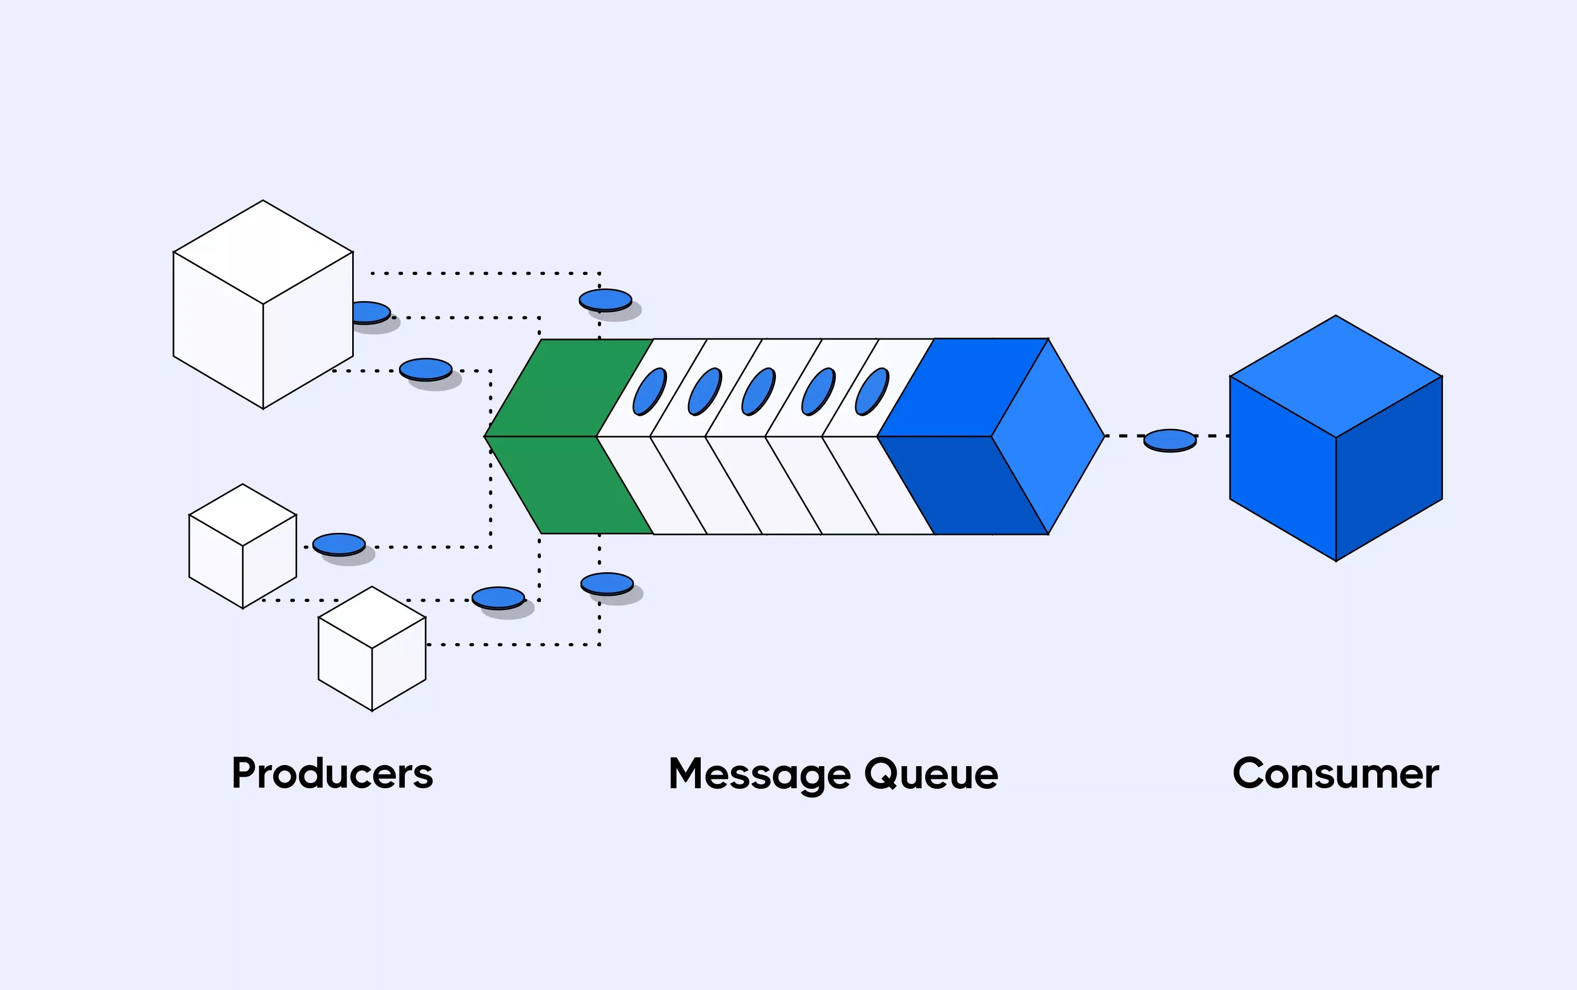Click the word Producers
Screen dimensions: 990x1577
[x=332, y=774]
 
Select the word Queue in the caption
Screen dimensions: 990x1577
[x=930, y=775]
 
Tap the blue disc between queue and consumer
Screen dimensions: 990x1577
[x=1170, y=440]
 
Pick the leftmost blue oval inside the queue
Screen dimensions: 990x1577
[x=649, y=391]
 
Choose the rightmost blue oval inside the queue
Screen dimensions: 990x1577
[x=872, y=391]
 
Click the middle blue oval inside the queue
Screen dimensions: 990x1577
[x=759, y=391]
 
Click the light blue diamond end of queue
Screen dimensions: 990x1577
[x=1048, y=436]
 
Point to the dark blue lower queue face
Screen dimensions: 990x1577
[x=962, y=484]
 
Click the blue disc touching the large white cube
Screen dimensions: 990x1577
[x=370, y=312]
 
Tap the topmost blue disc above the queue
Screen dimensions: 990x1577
[x=605, y=300]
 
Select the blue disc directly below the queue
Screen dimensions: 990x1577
[x=607, y=583]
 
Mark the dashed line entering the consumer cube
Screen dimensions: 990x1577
[x=1212, y=436]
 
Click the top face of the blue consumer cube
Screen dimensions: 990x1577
[x=1336, y=376]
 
